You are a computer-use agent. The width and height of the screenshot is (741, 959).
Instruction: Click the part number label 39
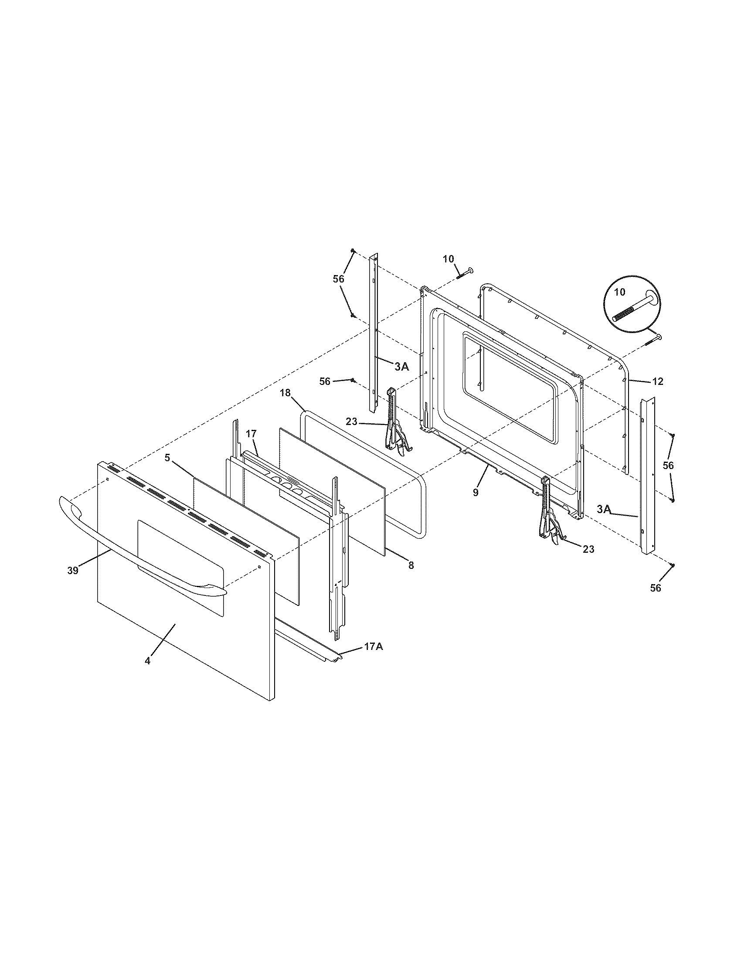click(x=73, y=571)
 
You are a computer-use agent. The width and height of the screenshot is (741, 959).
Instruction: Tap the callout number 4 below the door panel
click(x=148, y=673)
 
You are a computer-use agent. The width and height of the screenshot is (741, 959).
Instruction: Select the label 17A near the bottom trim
click(x=373, y=659)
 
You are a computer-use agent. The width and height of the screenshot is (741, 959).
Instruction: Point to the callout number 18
click(x=286, y=393)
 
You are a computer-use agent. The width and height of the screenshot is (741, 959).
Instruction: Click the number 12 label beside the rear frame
click(x=657, y=381)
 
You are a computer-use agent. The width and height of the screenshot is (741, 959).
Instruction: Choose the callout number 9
click(x=476, y=493)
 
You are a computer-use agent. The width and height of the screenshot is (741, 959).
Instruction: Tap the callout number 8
click(x=411, y=565)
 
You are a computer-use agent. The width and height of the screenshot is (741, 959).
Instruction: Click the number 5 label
click(x=167, y=458)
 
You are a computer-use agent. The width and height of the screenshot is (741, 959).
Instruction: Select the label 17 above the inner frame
click(x=251, y=434)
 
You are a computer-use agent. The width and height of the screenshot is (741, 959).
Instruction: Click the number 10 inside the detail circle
click(x=620, y=292)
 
